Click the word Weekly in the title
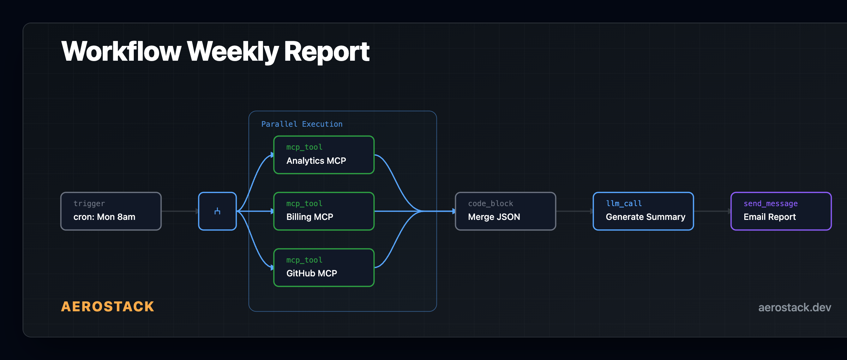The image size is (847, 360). pyautogui.click(x=233, y=52)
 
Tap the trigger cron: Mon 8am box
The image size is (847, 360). pyautogui.click(x=111, y=211)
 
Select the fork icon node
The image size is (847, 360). pyautogui.click(x=217, y=211)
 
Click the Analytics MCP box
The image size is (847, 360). pyautogui.click(x=324, y=155)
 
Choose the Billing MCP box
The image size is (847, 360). pyautogui.click(x=324, y=211)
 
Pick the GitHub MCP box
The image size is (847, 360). pyautogui.click(x=324, y=268)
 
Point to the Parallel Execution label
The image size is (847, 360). pyautogui.click(x=302, y=124)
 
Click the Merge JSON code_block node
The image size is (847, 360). pyautogui.click(x=505, y=211)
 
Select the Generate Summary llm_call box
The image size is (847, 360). pyautogui.click(x=643, y=211)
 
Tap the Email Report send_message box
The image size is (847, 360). pyautogui.click(x=781, y=211)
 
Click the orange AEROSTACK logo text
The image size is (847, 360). pyautogui.click(x=108, y=306)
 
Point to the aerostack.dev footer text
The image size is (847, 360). pyautogui.click(x=794, y=307)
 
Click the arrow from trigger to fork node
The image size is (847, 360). pyautogui.click(x=180, y=211)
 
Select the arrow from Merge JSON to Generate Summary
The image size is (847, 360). pyautogui.click(x=575, y=211)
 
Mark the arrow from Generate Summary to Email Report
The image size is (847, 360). pyautogui.click(x=712, y=211)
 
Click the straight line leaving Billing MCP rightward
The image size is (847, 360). pyautogui.click(x=395, y=211)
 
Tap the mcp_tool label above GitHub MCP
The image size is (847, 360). pyautogui.click(x=304, y=260)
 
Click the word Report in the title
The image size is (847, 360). pyautogui.click(x=326, y=52)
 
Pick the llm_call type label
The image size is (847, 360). pyautogui.click(x=624, y=203)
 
